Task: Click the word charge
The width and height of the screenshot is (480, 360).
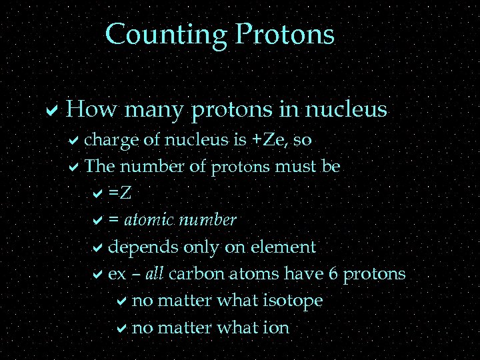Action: (112, 140)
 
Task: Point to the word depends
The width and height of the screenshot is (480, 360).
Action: (143, 247)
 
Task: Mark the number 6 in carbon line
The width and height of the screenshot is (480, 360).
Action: (332, 274)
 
